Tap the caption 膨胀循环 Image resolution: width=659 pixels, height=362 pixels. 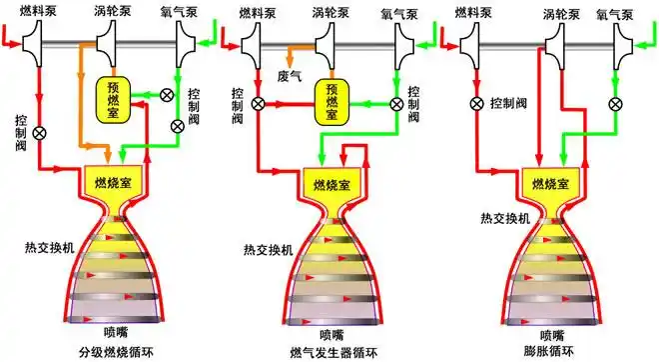[x=550, y=352]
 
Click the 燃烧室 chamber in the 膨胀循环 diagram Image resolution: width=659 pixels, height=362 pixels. [x=550, y=185]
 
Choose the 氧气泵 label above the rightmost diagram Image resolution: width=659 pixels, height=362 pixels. [x=615, y=15]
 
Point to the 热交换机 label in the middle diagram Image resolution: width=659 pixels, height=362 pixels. [x=268, y=249]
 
